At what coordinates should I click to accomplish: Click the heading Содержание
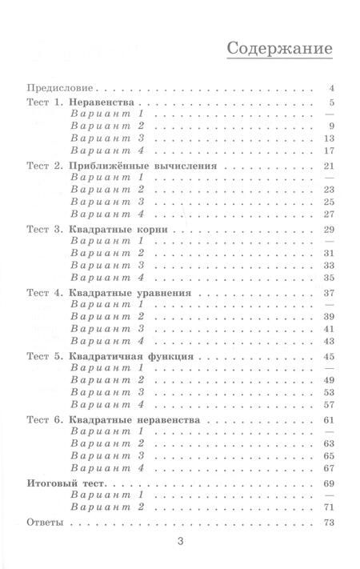coord(279,47)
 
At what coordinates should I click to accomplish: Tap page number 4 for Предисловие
coord(330,87)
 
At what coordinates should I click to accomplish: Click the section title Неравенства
coord(106,105)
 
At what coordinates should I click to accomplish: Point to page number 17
coord(328,150)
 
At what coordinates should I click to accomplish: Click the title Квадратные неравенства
coord(134,419)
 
